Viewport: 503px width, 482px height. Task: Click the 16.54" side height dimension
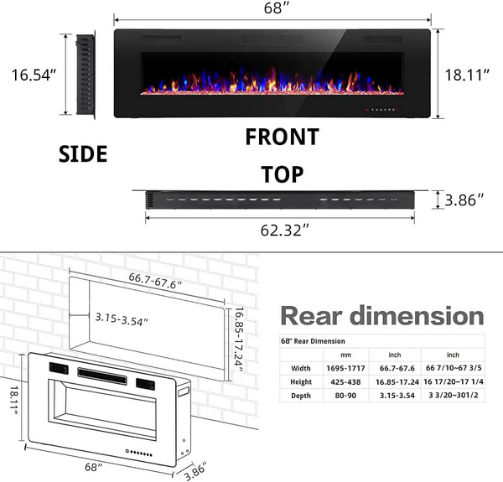pos(34,75)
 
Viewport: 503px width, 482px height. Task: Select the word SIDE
pos(82,154)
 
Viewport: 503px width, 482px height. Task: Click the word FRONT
pos(282,137)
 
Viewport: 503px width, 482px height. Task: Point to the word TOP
pos(282,174)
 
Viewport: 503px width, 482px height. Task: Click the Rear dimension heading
pos(382,315)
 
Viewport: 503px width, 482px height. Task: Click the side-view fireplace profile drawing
pos(86,75)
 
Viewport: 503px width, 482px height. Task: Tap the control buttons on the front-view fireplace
pos(384,109)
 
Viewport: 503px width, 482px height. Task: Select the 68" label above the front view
pos(272,9)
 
